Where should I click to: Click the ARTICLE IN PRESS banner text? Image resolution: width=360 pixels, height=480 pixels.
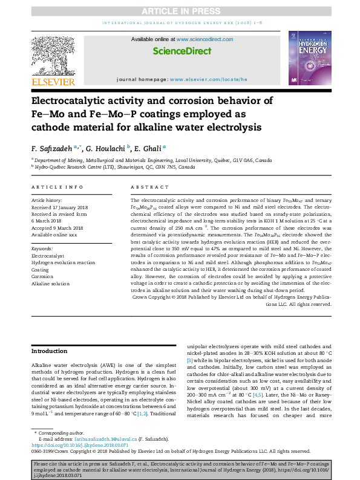180,11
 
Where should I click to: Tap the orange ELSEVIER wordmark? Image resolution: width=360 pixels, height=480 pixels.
53,82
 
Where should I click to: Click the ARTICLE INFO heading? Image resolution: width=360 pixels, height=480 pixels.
57,187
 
